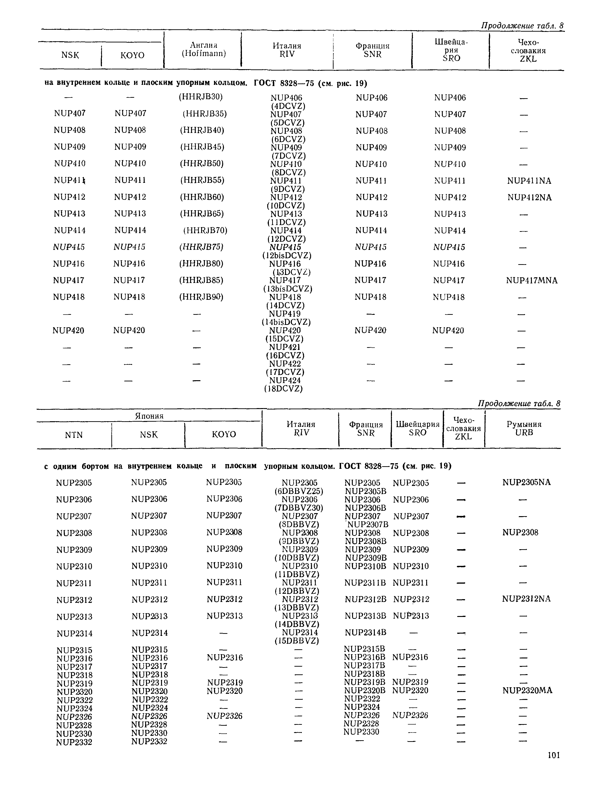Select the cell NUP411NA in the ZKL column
coord(529,181)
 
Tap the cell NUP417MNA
coord(531,280)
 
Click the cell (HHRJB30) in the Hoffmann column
coord(200,97)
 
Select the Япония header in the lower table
coord(149,416)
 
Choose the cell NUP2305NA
coord(526,482)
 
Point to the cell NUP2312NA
coord(526,599)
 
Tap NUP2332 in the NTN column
coord(74,742)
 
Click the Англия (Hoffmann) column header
coord(203,49)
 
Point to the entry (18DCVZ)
coord(284,389)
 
